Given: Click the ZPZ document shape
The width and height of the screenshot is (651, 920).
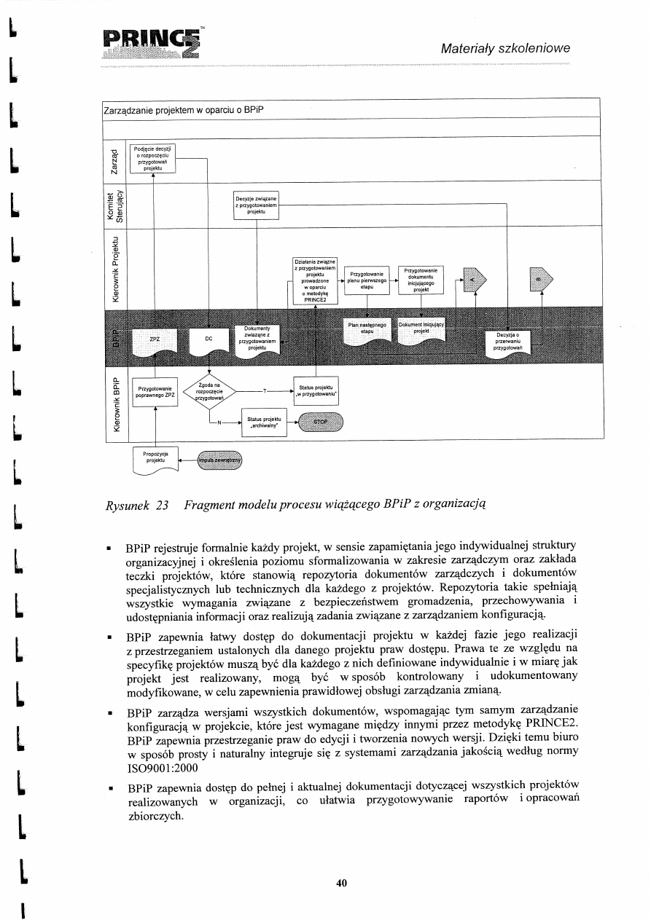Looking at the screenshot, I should (x=155, y=340).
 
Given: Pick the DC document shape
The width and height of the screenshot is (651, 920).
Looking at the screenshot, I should (x=208, y=340).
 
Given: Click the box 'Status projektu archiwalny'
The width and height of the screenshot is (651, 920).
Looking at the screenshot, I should (x=262, y=422).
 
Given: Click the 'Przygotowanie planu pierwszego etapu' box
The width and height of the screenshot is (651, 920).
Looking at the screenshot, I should (x=367, y=280).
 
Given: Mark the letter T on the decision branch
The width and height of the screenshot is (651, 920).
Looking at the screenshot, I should (x=266, y=390).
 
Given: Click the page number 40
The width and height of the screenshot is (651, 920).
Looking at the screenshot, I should (x=340, y=883).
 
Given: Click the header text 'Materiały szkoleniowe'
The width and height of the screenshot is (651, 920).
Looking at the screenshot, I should (x=504, y=48).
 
